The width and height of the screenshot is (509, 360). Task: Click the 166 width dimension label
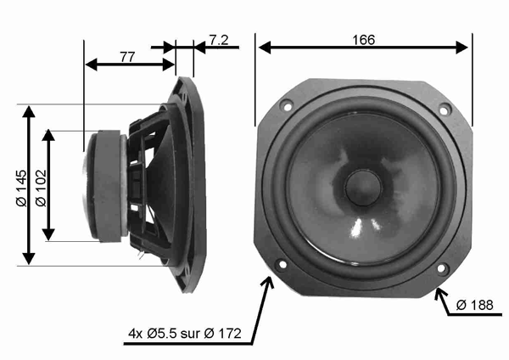tap(362, 39)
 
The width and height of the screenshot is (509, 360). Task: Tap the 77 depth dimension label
tap(127, 57)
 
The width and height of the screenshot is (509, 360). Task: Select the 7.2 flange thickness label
tap(218, 40)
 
